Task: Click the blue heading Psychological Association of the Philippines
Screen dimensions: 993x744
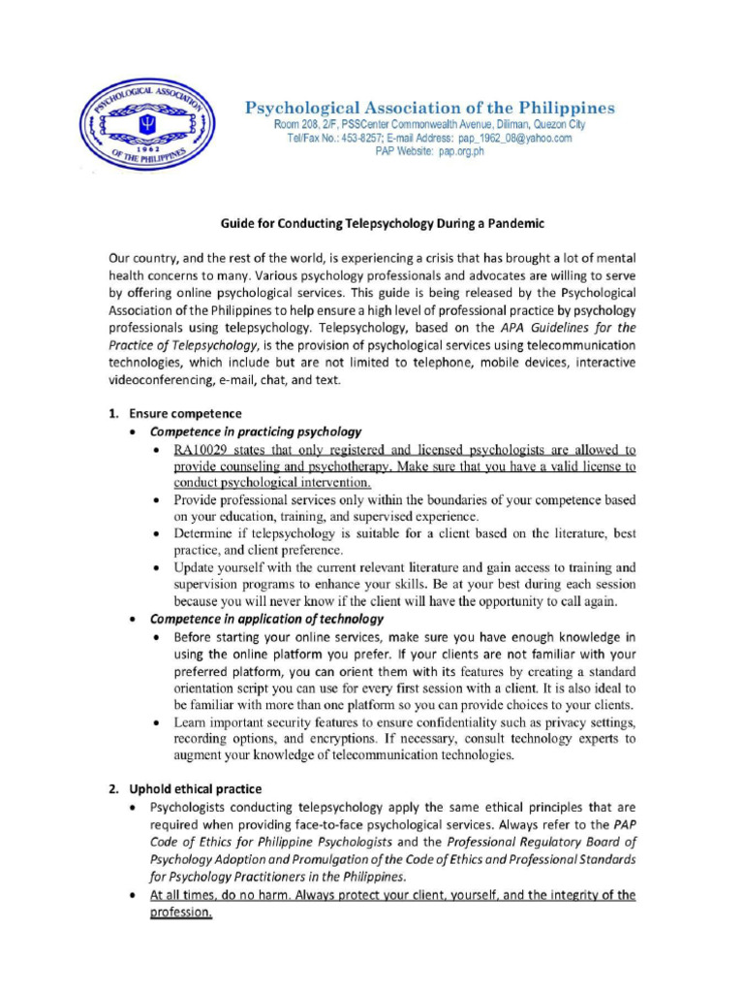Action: (428, 108)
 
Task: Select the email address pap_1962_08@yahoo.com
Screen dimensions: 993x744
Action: (508, 139)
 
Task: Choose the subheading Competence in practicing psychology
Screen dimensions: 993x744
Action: (256, 432)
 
